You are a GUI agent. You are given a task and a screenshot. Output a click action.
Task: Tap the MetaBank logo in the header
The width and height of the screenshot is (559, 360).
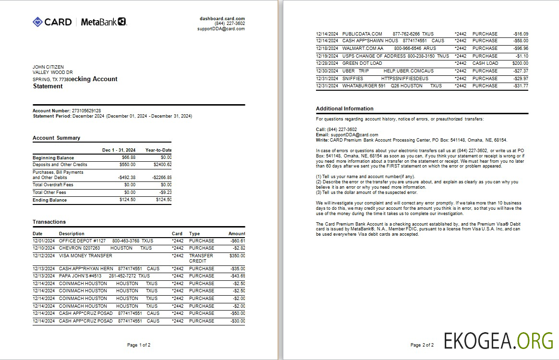[x=103, y=22]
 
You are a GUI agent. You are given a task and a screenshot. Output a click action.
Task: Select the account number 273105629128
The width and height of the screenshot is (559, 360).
[x=86, y=111]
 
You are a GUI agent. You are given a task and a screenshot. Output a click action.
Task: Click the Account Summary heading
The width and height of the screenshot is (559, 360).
[x=56, y=138]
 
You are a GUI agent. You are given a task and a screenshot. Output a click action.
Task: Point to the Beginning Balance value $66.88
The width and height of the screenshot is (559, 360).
[x=128, y=157]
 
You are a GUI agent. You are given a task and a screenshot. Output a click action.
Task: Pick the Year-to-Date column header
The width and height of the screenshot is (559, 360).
[x=158, y=150]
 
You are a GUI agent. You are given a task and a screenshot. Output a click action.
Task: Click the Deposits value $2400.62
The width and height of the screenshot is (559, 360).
[x=162, y=165]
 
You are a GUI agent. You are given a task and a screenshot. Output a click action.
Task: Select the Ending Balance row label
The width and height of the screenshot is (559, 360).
[x=49, y=200]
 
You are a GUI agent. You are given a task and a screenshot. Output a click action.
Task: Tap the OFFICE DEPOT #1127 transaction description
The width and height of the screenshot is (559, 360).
[x=82, y=241]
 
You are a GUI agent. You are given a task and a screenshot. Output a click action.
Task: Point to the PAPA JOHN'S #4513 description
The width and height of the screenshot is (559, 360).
[x=80, y=276]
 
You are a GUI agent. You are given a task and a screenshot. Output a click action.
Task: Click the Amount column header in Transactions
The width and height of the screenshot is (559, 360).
[x=237, y=234]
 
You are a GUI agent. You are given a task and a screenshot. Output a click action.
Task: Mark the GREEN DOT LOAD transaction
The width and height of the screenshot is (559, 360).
[x=362, y=63]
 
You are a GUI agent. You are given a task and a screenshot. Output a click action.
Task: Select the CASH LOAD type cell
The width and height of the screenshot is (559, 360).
[x=485, y=63]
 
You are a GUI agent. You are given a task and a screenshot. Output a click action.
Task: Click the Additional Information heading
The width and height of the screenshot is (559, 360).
[x=344, y=108]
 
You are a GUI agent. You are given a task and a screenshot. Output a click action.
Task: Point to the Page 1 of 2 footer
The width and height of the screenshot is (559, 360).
[x=139, y=345]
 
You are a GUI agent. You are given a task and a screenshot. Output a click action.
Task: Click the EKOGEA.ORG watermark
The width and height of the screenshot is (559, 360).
[x=498, y=340]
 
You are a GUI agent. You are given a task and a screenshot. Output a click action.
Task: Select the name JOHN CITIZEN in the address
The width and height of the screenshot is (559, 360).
[x=48, y=67]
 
